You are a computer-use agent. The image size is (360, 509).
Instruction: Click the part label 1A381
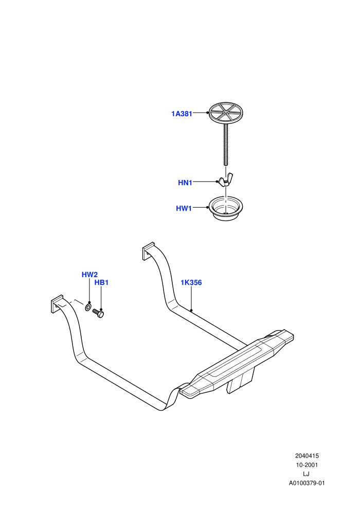click(x=182, y=114)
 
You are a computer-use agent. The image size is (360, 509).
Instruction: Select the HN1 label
click(x=185, y=183)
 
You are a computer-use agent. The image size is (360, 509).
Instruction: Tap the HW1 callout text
click(x=184, y=208)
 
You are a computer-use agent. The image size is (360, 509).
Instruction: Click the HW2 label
click(x=89, y=275)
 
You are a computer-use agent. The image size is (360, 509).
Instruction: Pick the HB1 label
click(x=101, y=282)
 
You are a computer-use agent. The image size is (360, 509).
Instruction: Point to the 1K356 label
click(x=191, y=282)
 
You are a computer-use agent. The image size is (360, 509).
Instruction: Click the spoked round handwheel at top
click(x=226, y=112)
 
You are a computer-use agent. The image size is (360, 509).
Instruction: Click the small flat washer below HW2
click(x=88, y=307)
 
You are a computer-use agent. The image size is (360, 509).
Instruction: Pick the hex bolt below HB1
click(x=98, y=313)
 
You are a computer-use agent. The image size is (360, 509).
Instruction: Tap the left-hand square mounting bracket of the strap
click(x=57, y=304)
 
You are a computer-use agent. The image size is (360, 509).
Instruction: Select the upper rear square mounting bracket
click(x=148, y=251)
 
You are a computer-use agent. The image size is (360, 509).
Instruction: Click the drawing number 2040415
click(x=307, y=456)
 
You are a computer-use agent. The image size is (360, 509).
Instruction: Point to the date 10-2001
click(x=307, y=465)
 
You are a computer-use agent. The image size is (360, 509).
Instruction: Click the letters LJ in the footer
click(x=306, y=474)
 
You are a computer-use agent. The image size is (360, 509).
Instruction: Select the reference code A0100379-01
click(x=307, y=483)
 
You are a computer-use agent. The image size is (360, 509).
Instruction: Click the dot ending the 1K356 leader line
click(x=191, y=311)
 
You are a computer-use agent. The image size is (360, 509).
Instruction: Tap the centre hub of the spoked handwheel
click(x=226, y=113)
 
